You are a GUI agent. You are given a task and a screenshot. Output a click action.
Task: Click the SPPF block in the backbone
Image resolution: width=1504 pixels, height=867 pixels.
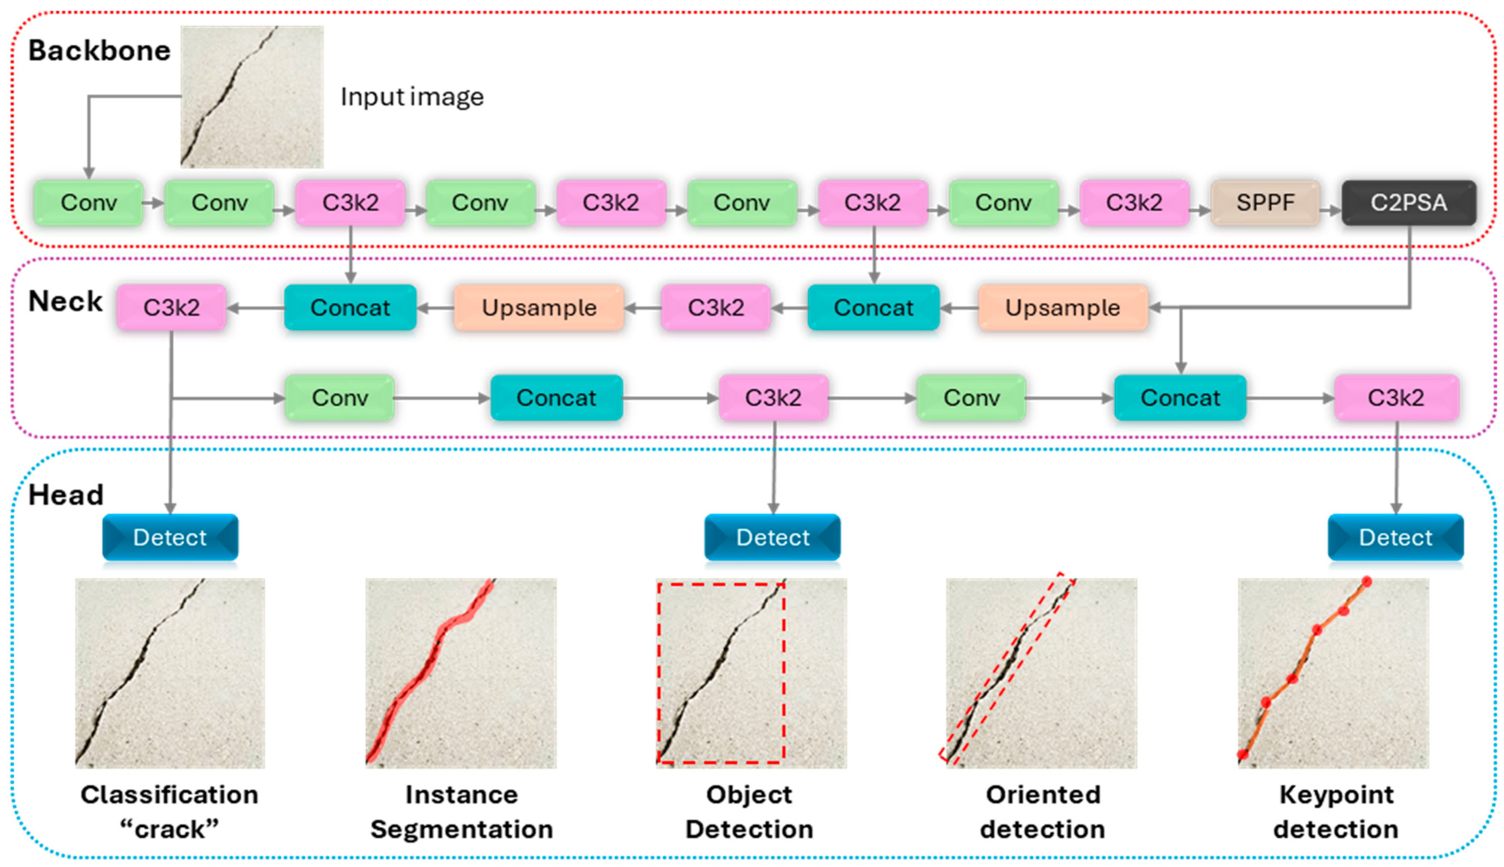coord(1265,203)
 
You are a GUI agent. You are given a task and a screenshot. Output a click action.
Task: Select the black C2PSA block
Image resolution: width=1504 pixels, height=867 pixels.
coord(1408,203)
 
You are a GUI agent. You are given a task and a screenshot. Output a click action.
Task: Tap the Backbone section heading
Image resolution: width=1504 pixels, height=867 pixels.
coord(99,51)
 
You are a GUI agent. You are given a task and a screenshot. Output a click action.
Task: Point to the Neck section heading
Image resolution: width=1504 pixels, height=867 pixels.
coord(66,301)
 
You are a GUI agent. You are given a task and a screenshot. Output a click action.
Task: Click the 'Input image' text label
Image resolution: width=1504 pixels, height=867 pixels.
coord(412,96)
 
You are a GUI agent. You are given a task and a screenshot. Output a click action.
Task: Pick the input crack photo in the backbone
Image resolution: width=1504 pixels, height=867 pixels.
coord(252,96)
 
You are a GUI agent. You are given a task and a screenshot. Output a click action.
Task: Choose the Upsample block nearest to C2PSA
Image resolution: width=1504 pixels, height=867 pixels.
coord(1063,308)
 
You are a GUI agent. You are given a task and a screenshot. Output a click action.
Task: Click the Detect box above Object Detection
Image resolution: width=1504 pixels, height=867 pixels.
coord(773,537)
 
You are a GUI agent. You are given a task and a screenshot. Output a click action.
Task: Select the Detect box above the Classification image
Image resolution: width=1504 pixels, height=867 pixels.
coord(170,537)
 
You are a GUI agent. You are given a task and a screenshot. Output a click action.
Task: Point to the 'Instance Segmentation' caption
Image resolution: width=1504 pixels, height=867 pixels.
coord(462,812)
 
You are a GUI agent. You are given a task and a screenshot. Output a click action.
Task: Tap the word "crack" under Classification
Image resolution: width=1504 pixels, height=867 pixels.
coord(170,829)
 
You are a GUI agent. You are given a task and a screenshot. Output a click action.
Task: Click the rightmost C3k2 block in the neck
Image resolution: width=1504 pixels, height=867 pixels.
coord(1396,398)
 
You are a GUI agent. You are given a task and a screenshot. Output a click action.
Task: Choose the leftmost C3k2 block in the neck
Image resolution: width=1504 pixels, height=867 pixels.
coord(171,308)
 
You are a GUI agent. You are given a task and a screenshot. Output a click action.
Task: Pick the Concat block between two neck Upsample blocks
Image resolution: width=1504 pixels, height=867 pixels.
coord(873,308)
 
